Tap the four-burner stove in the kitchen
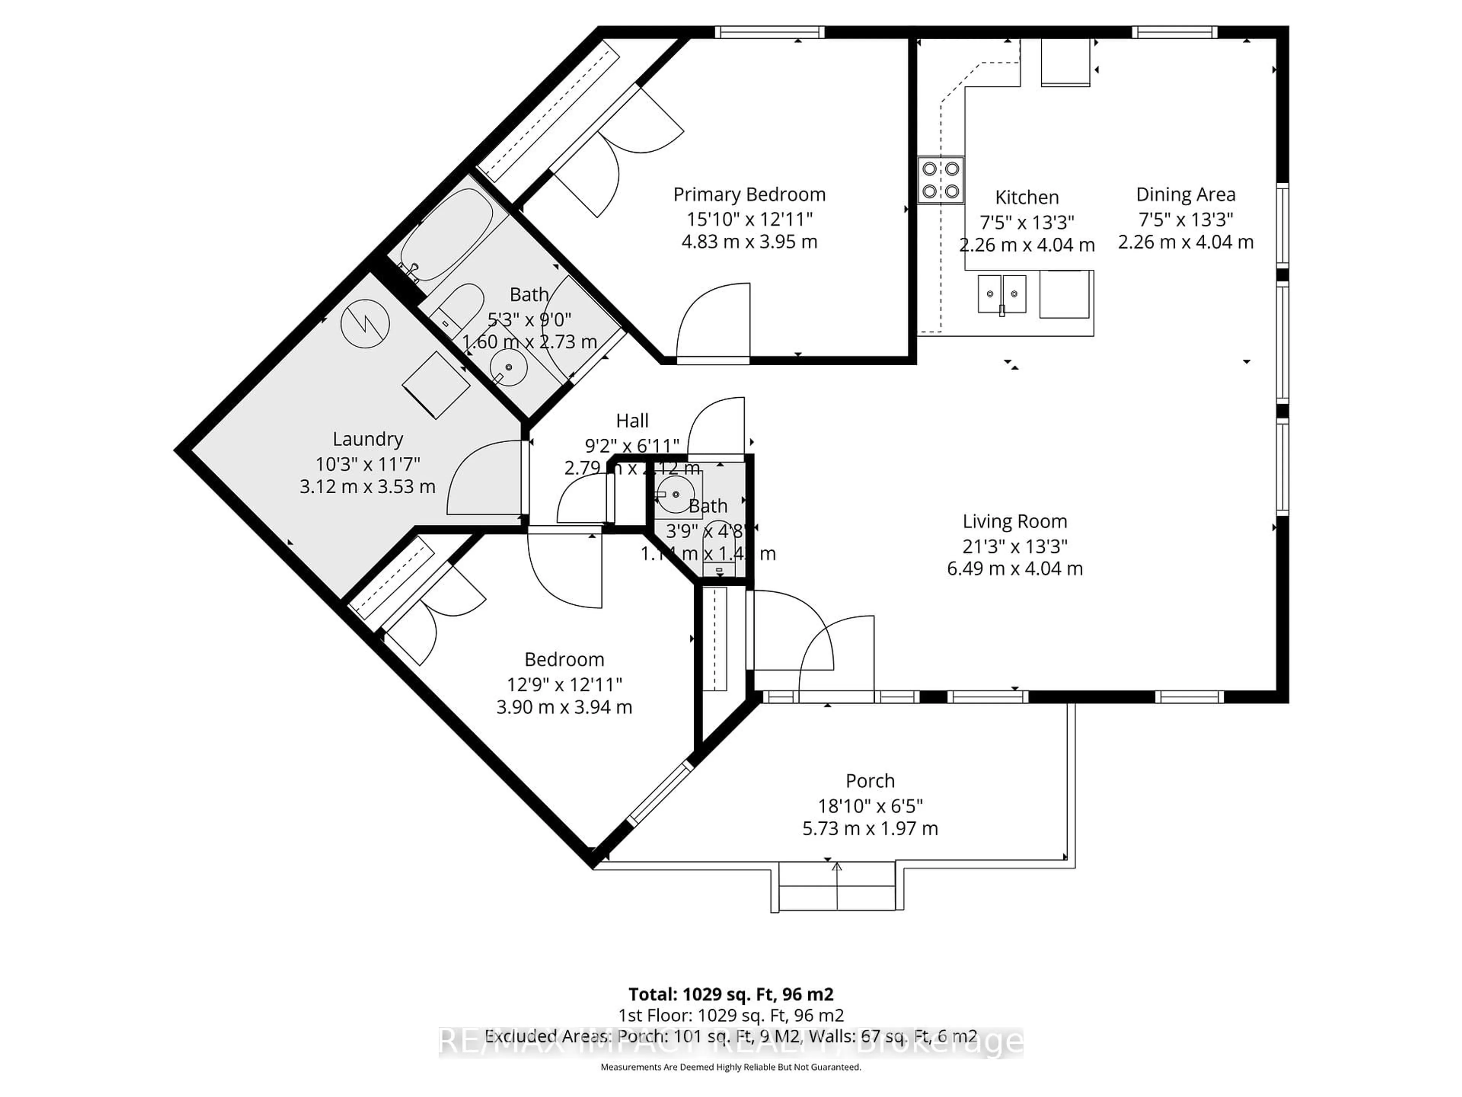940,180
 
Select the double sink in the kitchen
1002,294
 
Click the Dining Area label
1185,194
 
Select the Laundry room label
367,439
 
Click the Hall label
632,421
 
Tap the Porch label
870,781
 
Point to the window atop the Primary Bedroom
769,32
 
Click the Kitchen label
1026,197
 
